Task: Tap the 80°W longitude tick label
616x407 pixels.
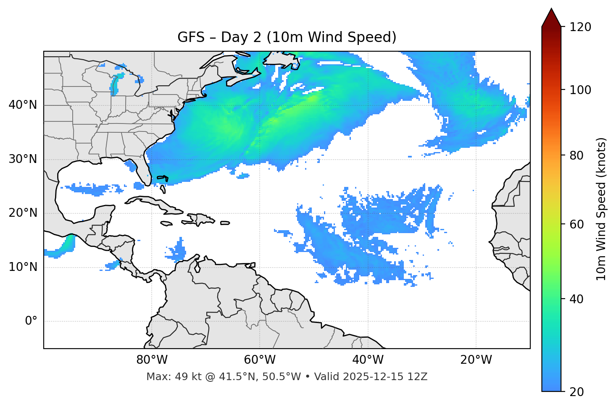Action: point(152,360)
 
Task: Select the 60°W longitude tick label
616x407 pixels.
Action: point(260,360)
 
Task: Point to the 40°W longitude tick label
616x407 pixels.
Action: point(368,360)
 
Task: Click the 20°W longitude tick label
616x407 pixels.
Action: point(476,360)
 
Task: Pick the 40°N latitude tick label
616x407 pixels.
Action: point(23,105)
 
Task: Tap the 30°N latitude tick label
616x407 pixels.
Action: point(23,159)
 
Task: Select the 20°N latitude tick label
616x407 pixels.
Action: point(23,213)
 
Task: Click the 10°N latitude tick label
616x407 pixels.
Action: point(23,267)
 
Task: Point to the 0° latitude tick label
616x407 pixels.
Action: point(31,321)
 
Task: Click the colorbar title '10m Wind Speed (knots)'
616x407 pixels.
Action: point(602,209)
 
